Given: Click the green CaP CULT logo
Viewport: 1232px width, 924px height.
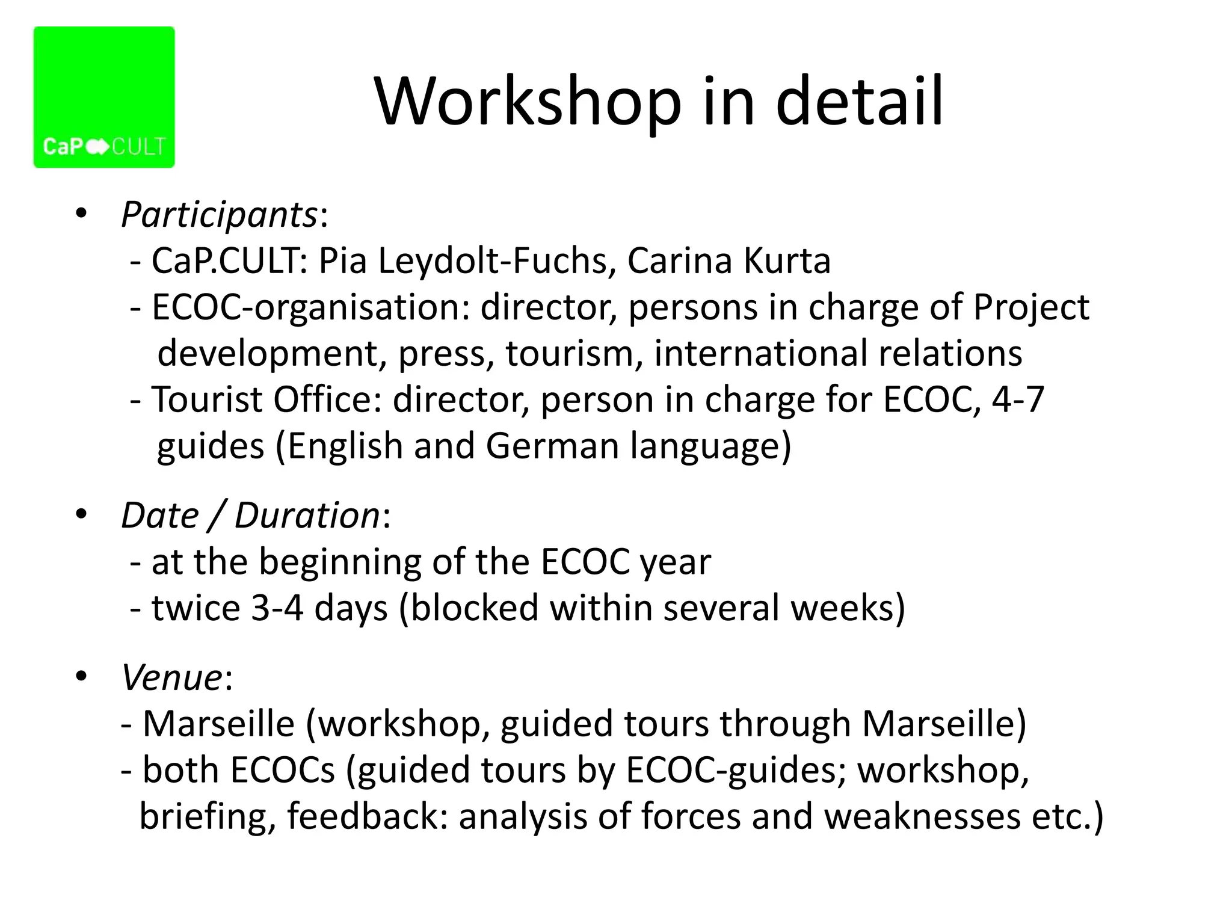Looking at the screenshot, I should [104, 97].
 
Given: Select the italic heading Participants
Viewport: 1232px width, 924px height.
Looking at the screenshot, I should [219, 214].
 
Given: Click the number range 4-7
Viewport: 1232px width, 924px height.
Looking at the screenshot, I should [1017, 399].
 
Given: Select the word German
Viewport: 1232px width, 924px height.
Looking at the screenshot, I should [552, 446].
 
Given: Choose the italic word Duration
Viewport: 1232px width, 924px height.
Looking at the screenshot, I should [307, 516].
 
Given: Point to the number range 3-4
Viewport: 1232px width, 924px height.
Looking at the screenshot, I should [277, 608].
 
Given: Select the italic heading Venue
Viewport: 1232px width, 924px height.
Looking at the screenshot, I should [172, 677].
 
